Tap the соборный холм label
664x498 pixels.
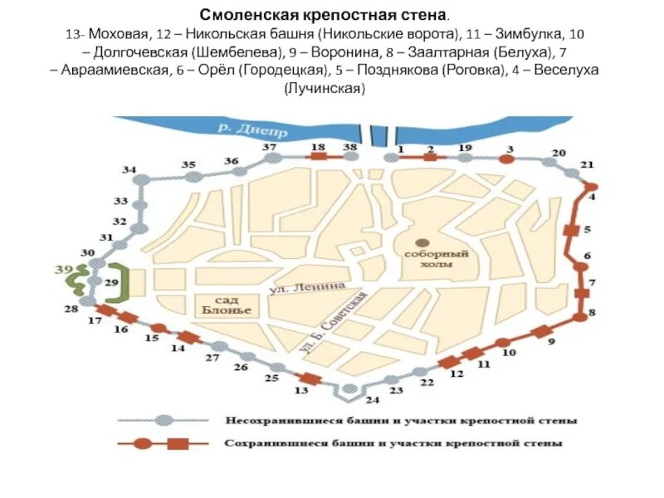[x=427, y=258]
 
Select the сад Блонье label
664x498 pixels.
[x=224, y=304]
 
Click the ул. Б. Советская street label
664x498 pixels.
[x=332, y=320]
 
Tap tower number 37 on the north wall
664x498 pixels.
[x=270, y=148]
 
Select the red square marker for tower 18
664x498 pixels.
[x=318, y=157]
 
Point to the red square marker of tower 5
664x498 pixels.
[x=571, y=229]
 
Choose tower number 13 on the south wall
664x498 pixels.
[x=301, y=389]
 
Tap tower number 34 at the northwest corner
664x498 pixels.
[x=129, y=170]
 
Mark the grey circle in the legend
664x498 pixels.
[x=165, y=420]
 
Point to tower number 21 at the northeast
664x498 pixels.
[x=588, y=164]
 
